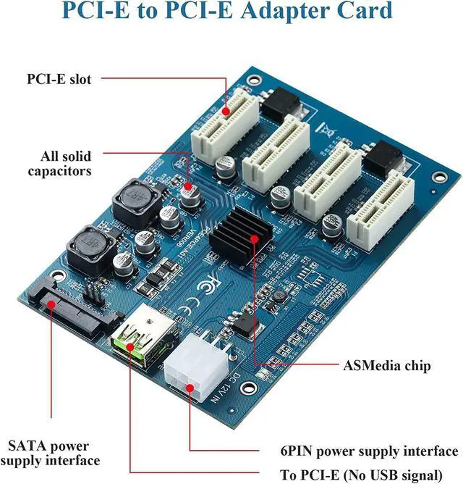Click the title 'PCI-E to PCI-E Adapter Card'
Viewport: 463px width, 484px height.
point(226,12)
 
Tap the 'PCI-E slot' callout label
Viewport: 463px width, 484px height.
point(59,79)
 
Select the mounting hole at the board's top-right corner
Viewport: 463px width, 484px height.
point(437,177)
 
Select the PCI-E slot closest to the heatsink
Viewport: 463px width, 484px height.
point(271,151)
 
